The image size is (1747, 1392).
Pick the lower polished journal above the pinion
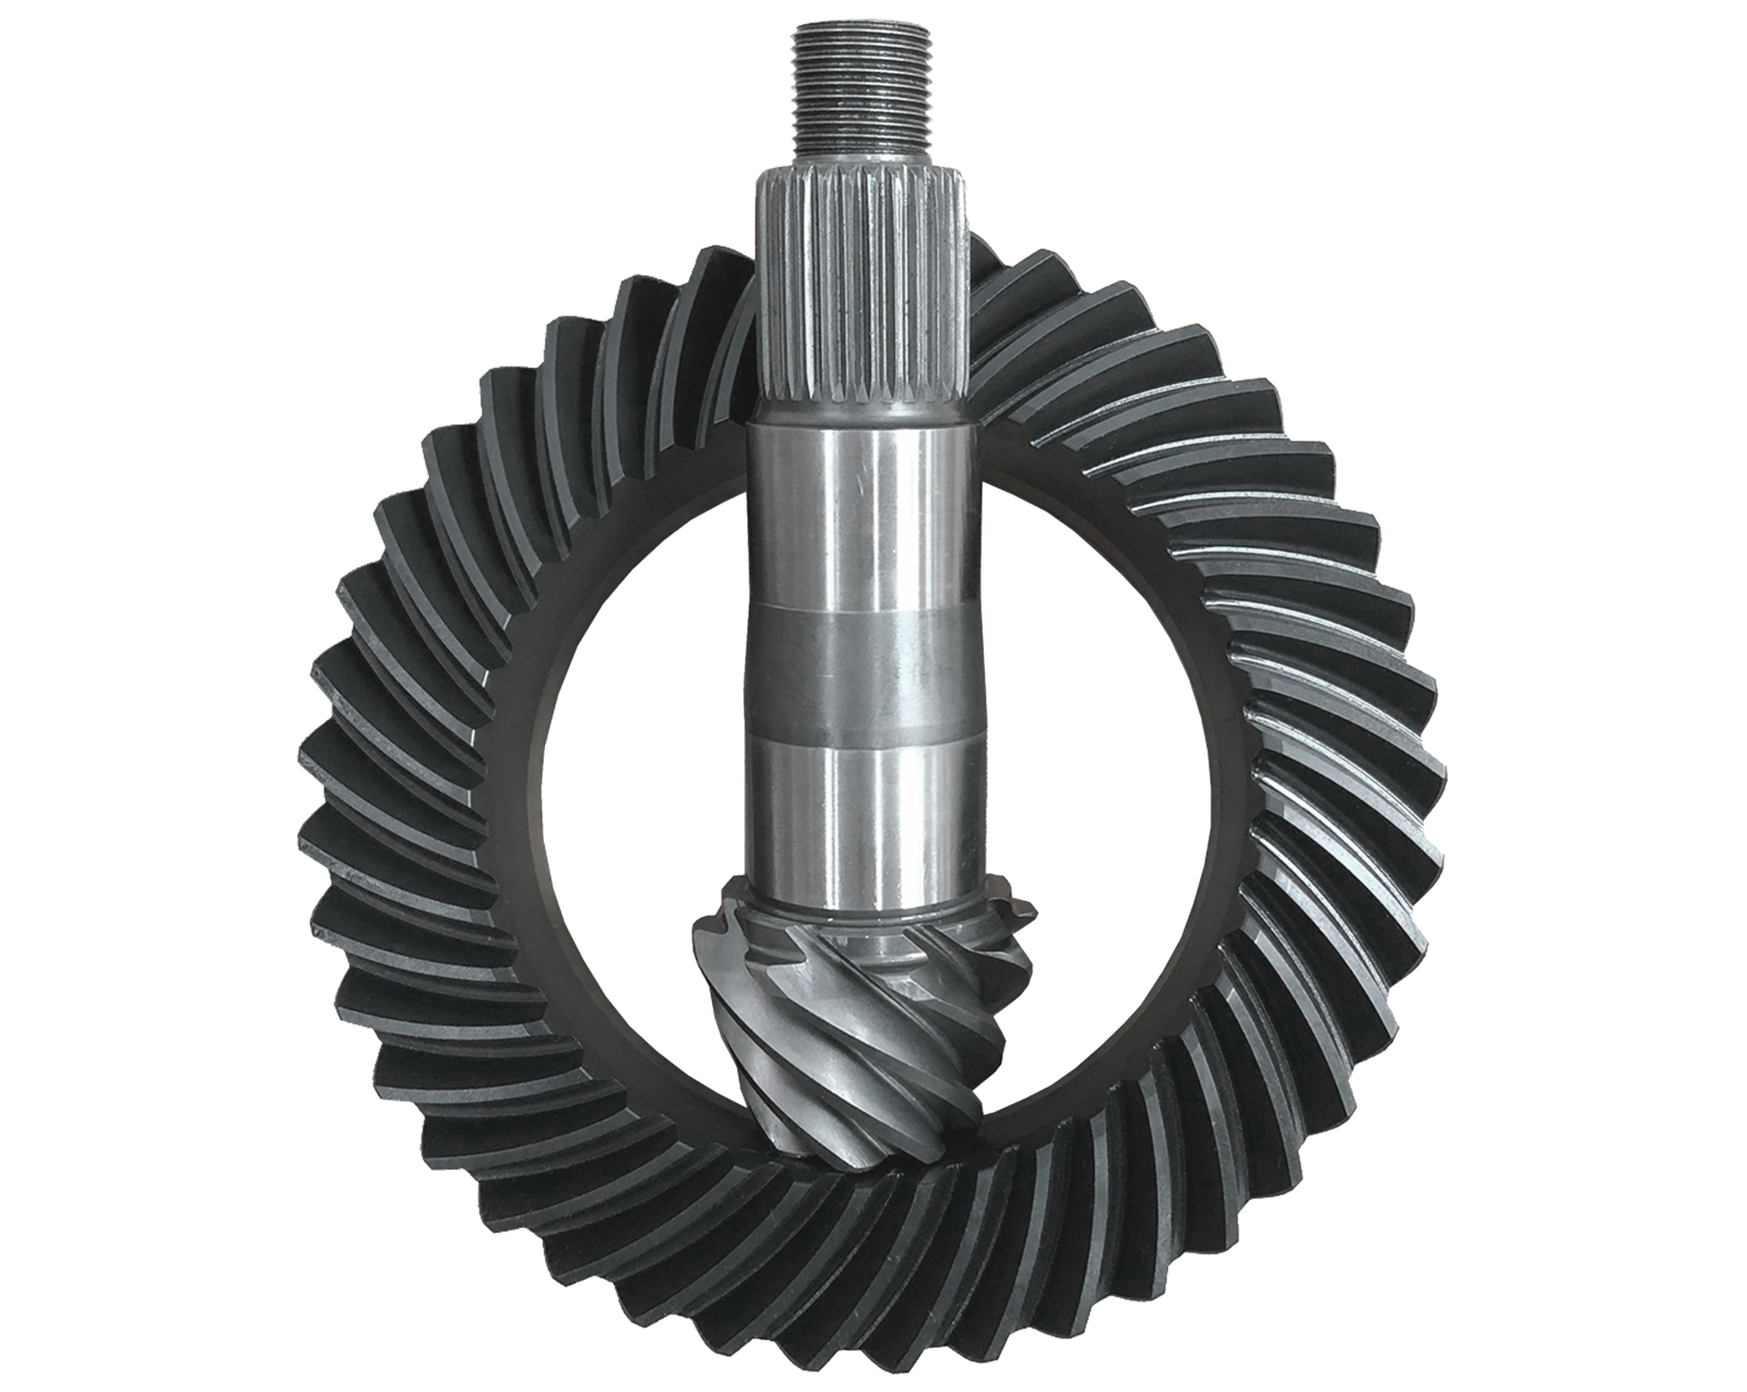coord(862,808)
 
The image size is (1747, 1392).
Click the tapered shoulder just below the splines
coord(862,413)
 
